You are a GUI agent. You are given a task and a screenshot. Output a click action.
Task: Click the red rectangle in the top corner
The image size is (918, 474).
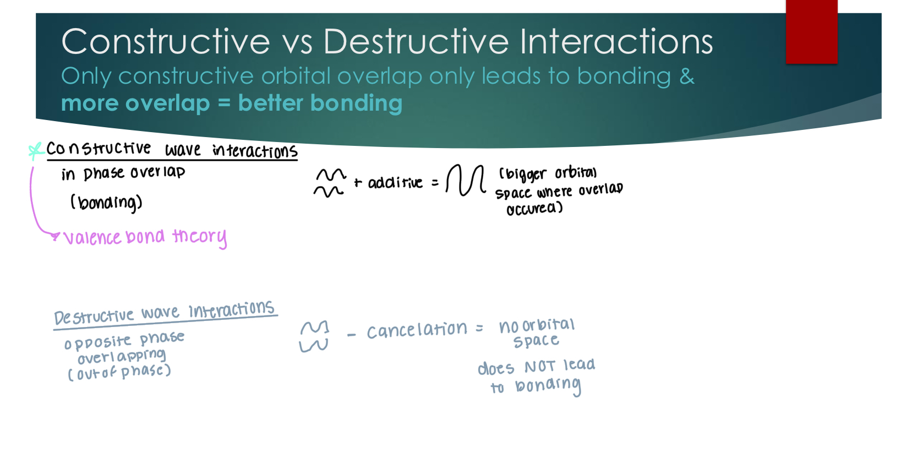click(x=811, y=31)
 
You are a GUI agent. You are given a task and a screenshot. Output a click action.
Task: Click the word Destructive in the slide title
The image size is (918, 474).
click(x=416, y=42)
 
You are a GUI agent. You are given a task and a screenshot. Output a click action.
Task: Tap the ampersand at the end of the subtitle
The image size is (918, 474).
click(x=686, y=76)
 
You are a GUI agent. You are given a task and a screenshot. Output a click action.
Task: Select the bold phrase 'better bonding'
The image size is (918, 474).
click(x=320, y=103)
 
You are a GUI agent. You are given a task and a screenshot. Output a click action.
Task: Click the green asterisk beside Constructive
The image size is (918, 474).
click(x=36, y=150)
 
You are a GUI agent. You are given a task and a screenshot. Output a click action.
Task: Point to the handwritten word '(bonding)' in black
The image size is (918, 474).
click(x=106, y=203)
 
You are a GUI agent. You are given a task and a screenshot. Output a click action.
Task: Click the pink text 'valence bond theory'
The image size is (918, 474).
click(x=145, y=237)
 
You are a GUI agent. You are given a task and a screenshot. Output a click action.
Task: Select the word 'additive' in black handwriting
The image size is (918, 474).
click(x=395, y=182)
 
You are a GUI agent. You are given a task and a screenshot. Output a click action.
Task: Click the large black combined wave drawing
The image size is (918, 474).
click(x=466, y=180)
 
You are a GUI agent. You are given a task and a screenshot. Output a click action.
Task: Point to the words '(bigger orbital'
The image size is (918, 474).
click(x=547, y=173)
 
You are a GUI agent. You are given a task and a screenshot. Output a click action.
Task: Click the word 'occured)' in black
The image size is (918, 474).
click(x=534, y=209)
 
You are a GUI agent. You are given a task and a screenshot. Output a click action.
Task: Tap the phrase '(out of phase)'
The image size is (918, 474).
click(x=119, y=373)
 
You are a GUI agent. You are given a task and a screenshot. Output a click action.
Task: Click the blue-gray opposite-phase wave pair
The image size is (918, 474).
click(x=314, y=336)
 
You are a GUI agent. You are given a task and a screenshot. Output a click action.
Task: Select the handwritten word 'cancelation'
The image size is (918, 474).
click(x=417, y=330)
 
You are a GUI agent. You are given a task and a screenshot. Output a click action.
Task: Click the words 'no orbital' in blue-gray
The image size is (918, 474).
click(x=537, y=325)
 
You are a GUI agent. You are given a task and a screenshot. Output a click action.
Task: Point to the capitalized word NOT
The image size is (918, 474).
click(x=539, y=366)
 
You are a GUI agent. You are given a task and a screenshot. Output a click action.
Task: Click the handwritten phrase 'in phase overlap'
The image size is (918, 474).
click(x=123, y=173)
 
